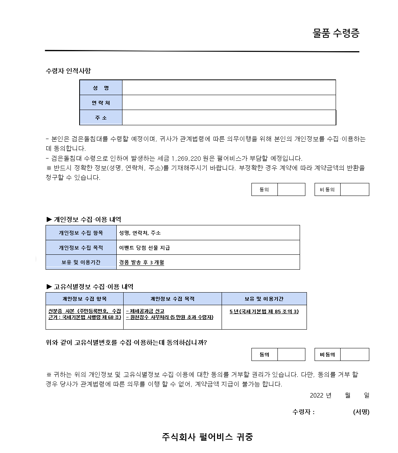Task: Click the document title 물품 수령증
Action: coord(336,34)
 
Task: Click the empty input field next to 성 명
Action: coord(228,87)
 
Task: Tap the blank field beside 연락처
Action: coord(228,102)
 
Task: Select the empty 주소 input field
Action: coord(228,118)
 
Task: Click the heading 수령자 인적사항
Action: coord(68,71)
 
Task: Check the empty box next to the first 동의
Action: coord(291,189)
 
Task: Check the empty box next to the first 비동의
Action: coord(354,189)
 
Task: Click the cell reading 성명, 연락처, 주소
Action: coord(140,233)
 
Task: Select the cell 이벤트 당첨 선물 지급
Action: coord(145,248)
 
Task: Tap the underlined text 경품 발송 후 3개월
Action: coord(142,262)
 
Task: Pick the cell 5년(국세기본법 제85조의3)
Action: coord(264,312)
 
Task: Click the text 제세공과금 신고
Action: coord(145,311)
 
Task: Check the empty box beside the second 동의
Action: coord(291,354)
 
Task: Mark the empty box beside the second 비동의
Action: coord(354,354)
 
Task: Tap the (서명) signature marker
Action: coord(361,412)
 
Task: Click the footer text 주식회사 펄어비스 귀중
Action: coord(207,437)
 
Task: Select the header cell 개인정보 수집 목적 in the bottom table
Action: coord(172,299)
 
